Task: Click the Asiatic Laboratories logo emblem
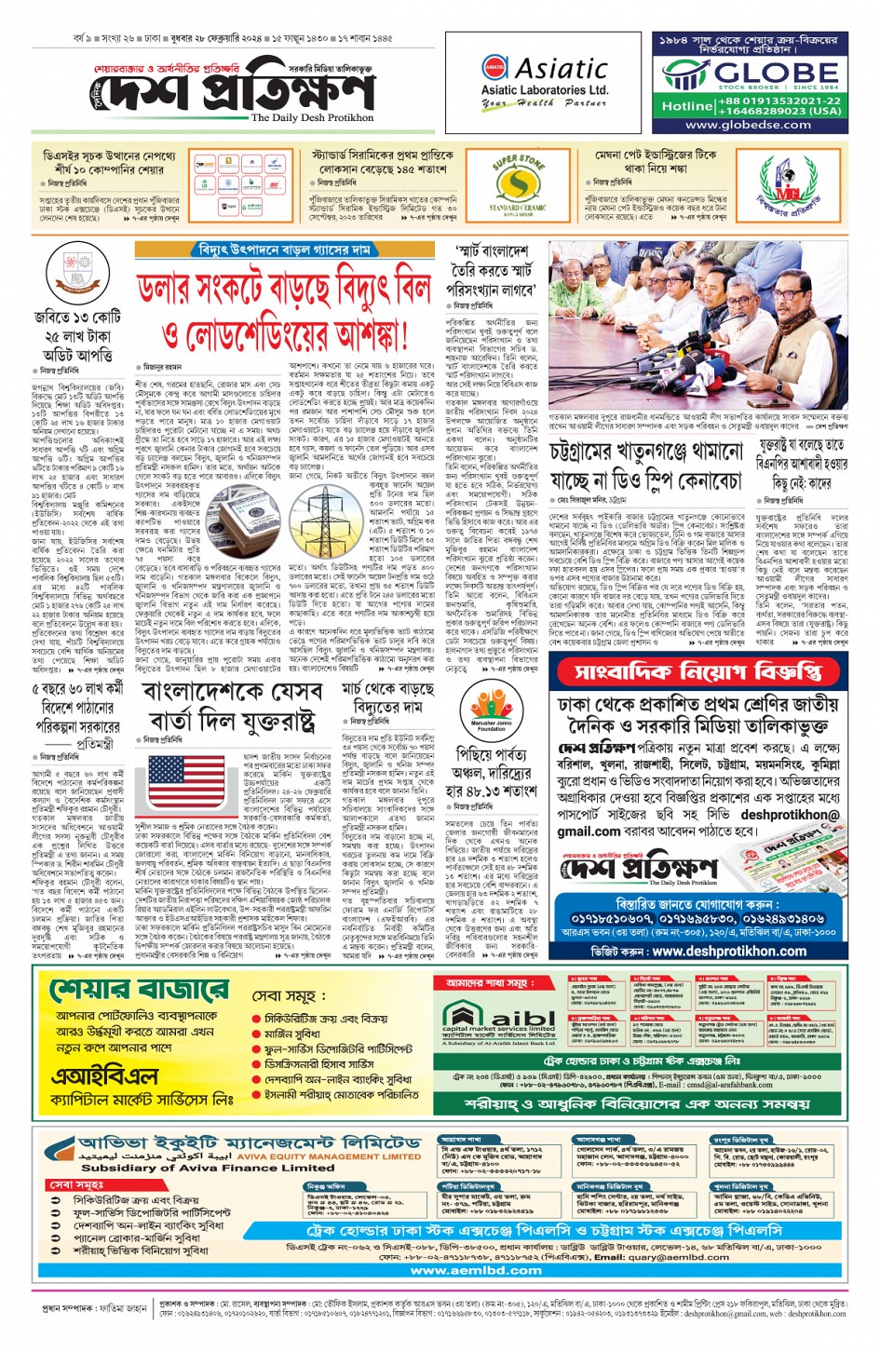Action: tap(494, 69)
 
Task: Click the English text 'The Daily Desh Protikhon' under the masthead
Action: tap(312, 118)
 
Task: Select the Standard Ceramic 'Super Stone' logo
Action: tap(519, 184)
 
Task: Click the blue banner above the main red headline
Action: tap(284, 250)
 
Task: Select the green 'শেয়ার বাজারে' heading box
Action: tap(140, 989)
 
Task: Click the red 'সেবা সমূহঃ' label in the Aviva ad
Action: tap(78, 1184)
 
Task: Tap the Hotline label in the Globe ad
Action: tap(687, 106)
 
